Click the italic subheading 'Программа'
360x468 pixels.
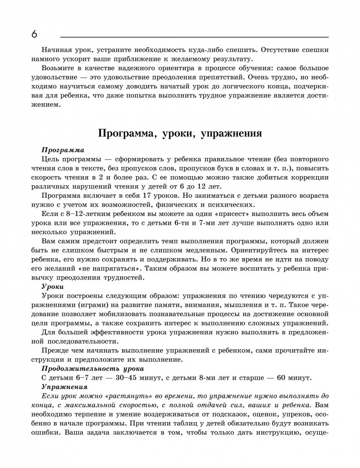coord(63,150)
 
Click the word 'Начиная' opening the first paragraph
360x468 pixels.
coord(56,50)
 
